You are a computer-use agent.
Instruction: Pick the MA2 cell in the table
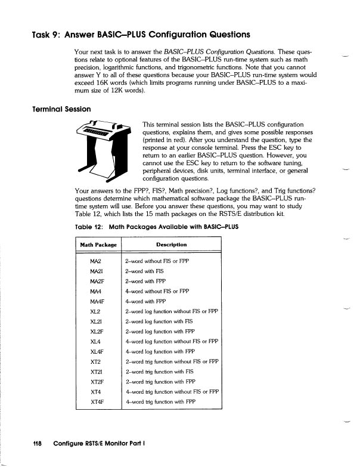[x=95, y=262]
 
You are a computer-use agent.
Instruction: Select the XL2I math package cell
[x=96, y=321]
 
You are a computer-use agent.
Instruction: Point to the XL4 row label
[x=95, y=341]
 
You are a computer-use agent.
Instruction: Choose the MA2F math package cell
[x=97, y=282]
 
